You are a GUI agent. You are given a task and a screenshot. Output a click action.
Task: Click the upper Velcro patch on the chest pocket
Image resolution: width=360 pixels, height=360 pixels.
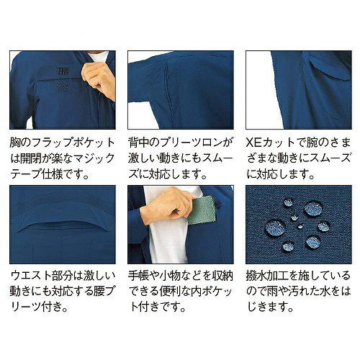63,71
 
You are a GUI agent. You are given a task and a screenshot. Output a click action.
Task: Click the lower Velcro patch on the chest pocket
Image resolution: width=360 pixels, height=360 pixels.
63,88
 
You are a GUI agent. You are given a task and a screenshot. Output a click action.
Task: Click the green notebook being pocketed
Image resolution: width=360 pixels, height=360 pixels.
202,210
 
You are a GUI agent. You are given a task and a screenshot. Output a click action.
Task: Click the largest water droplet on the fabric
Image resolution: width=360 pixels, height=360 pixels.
276,227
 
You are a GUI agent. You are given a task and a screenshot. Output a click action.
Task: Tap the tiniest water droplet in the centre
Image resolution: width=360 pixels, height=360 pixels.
300,226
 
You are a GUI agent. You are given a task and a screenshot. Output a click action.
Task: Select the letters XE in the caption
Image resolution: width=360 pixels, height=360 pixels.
253,143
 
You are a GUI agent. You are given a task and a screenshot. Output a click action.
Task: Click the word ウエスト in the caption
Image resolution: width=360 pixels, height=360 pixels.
31,276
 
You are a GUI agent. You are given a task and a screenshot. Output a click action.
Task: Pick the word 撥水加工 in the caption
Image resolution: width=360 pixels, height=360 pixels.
267,276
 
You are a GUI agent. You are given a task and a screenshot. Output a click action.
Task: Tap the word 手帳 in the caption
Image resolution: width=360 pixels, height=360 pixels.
138,276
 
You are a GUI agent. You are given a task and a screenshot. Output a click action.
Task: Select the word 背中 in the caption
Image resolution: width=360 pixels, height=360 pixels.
138,143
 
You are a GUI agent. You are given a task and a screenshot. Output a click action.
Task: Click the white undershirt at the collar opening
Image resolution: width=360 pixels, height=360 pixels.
98,59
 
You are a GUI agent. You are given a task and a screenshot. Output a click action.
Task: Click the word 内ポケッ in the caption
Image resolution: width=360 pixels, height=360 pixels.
212,292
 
